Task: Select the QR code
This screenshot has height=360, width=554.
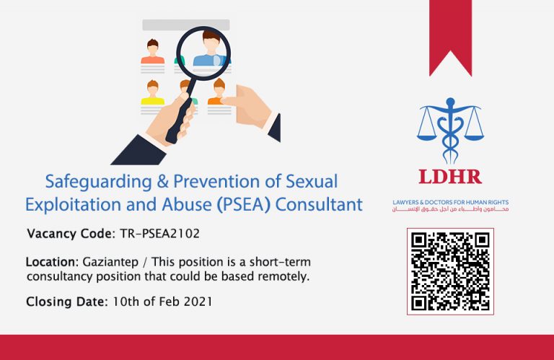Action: click(450, 271)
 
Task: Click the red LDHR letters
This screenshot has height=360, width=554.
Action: click(449, 177)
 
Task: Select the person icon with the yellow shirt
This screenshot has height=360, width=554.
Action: click(152, 94)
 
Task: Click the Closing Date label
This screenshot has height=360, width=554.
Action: click(67, 302)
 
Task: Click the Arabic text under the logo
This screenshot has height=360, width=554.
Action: click(449, 209)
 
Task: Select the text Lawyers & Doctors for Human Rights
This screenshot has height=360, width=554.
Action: click(449, 202)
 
